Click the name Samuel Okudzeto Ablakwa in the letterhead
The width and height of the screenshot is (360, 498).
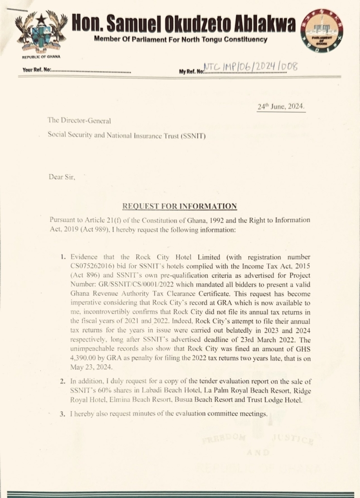tap(183, 22)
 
